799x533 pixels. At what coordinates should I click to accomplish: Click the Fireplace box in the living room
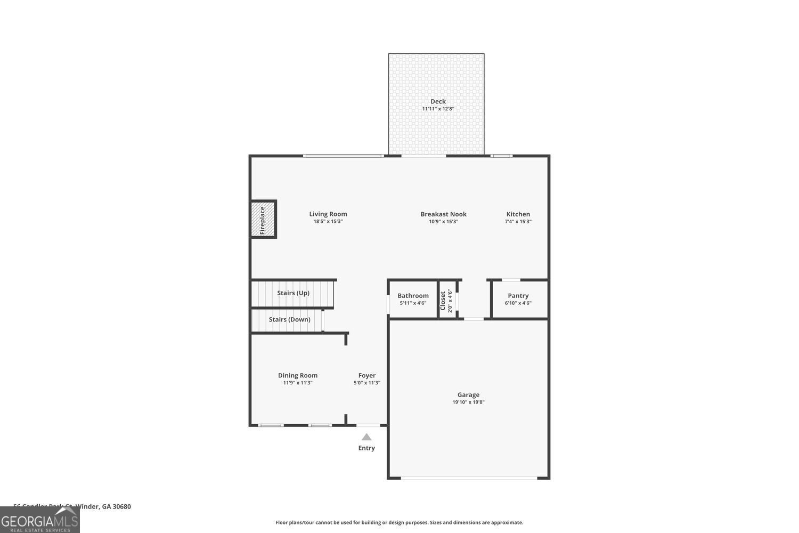[263, 219]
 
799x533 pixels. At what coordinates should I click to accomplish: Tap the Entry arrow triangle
[366, 437]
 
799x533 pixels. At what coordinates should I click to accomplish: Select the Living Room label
[328, 214]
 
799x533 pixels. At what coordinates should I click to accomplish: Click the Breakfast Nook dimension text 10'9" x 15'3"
[443, 222]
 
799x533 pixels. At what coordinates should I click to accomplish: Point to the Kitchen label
[518, 214]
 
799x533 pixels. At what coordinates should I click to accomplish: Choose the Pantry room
[518, 299]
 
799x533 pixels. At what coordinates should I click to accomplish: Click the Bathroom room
[413, 299]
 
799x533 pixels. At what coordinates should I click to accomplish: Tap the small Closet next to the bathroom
[447, 300]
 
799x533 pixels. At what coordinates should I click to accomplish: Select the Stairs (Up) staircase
[292, 294]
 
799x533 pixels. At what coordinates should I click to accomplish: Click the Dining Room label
[297, 375]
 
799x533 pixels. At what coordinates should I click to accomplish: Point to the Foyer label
[366, 375]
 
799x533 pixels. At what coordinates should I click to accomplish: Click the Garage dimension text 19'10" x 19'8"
[468, 402]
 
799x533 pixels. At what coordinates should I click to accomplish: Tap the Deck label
[438, 101]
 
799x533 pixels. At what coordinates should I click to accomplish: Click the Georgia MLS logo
[39, 520]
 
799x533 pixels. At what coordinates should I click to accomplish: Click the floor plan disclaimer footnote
[399, 522]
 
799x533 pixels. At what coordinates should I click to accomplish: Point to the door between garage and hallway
[474, 319]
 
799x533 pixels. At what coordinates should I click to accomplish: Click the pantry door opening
[511, 280]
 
